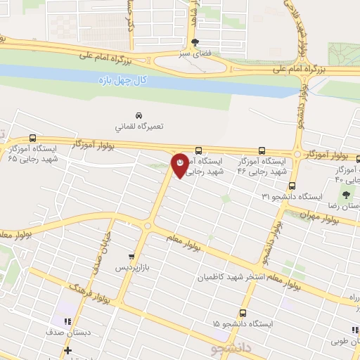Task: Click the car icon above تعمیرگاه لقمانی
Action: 139,115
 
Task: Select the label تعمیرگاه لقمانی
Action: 139,127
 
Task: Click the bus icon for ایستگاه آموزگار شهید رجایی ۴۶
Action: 262,150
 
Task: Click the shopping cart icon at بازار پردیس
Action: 131,257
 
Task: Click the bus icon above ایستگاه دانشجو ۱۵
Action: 243,313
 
